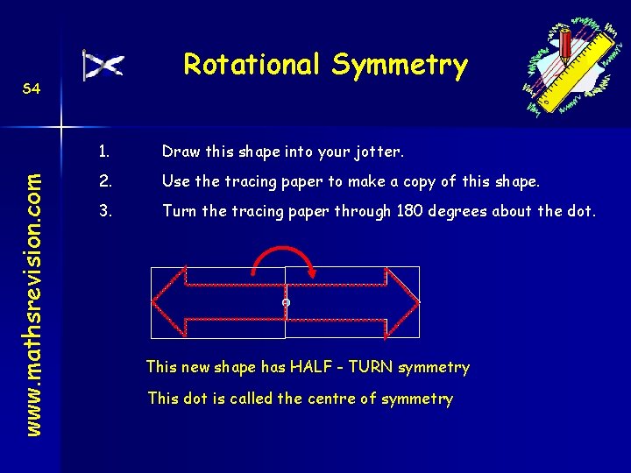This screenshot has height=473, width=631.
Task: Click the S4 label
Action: (x=32, y=88)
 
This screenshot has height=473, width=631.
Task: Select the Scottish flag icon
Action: (x=103, y=66)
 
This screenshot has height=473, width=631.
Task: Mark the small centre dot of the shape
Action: (x=286, y=303)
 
